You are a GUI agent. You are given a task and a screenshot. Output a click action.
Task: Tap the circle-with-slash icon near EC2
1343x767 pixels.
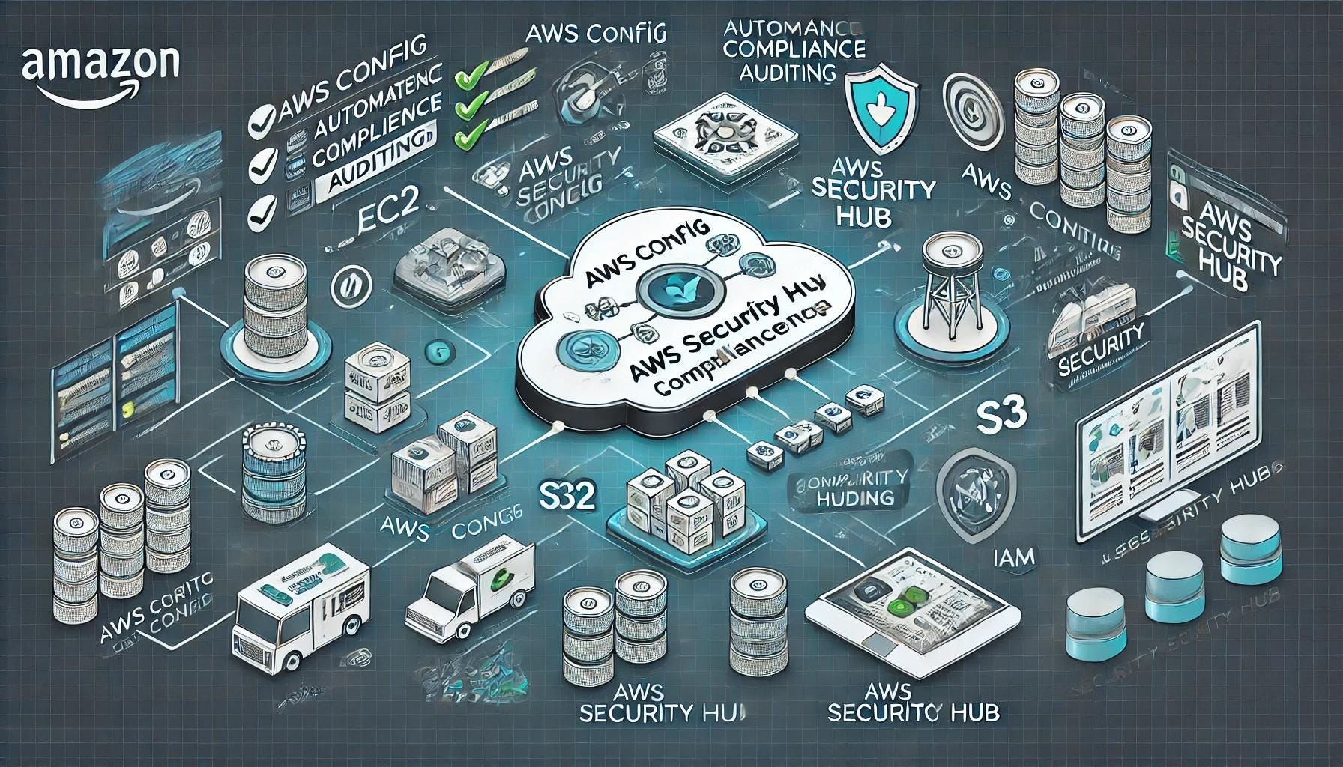click(349, 285)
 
